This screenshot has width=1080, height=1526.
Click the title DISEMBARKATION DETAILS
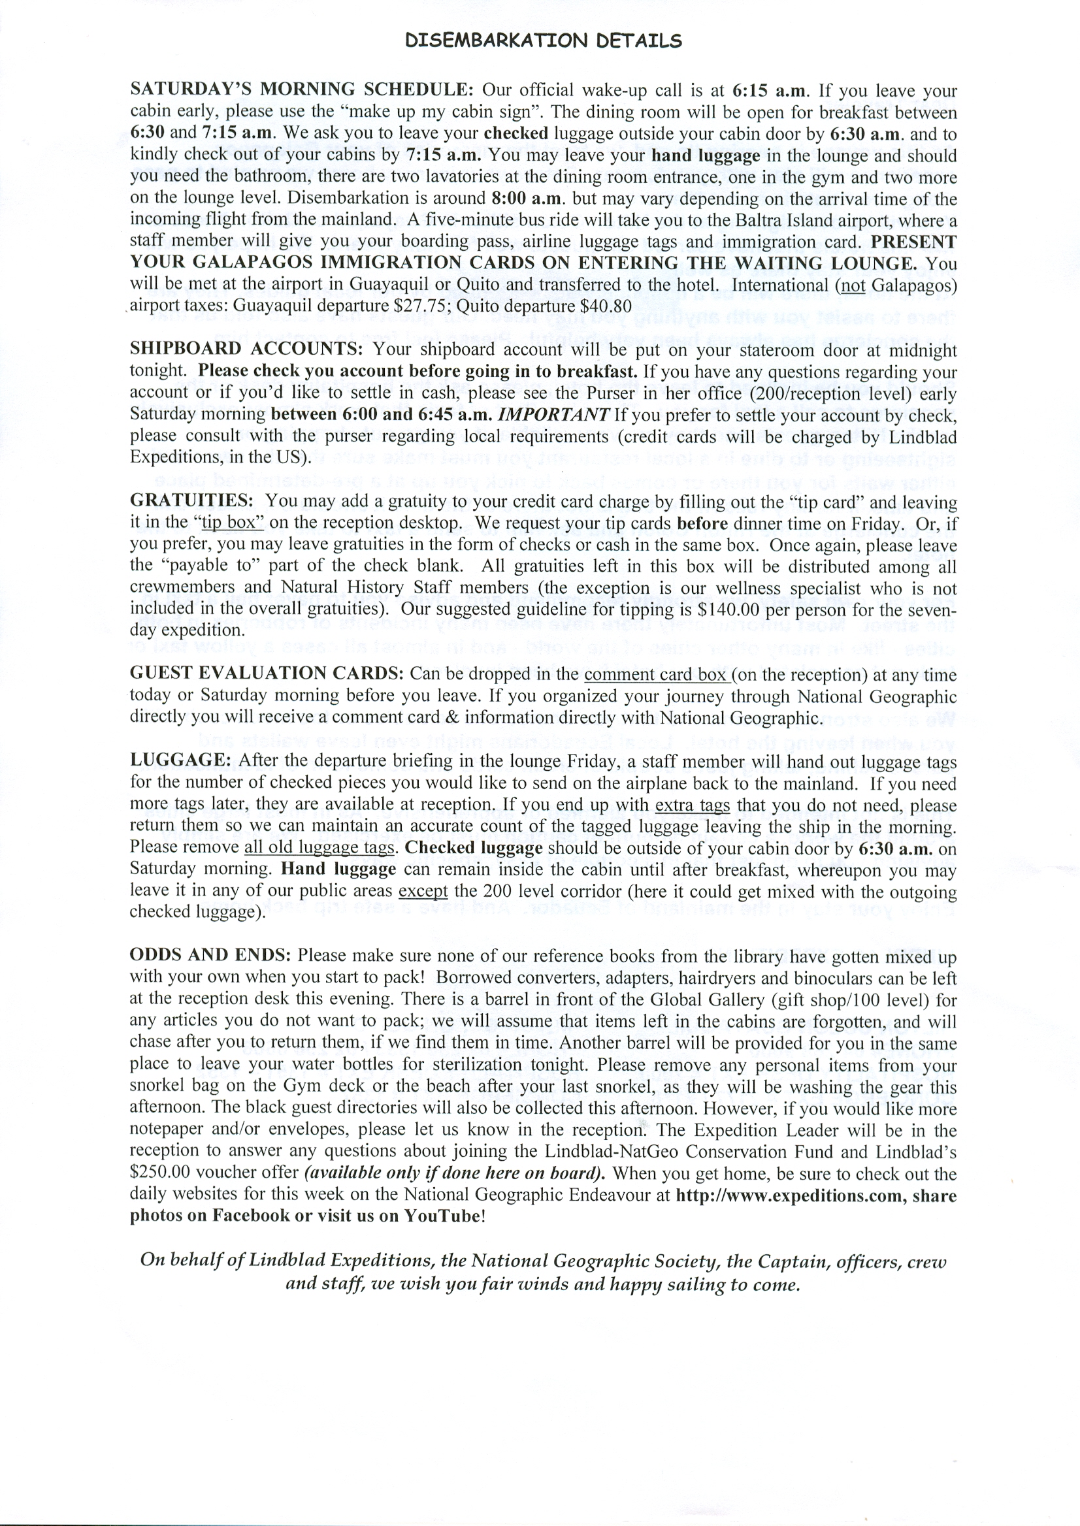544,41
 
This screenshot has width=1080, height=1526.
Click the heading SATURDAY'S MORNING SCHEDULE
301,89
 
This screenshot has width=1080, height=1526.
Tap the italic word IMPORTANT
554,414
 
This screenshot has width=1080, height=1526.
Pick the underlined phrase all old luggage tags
321,848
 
